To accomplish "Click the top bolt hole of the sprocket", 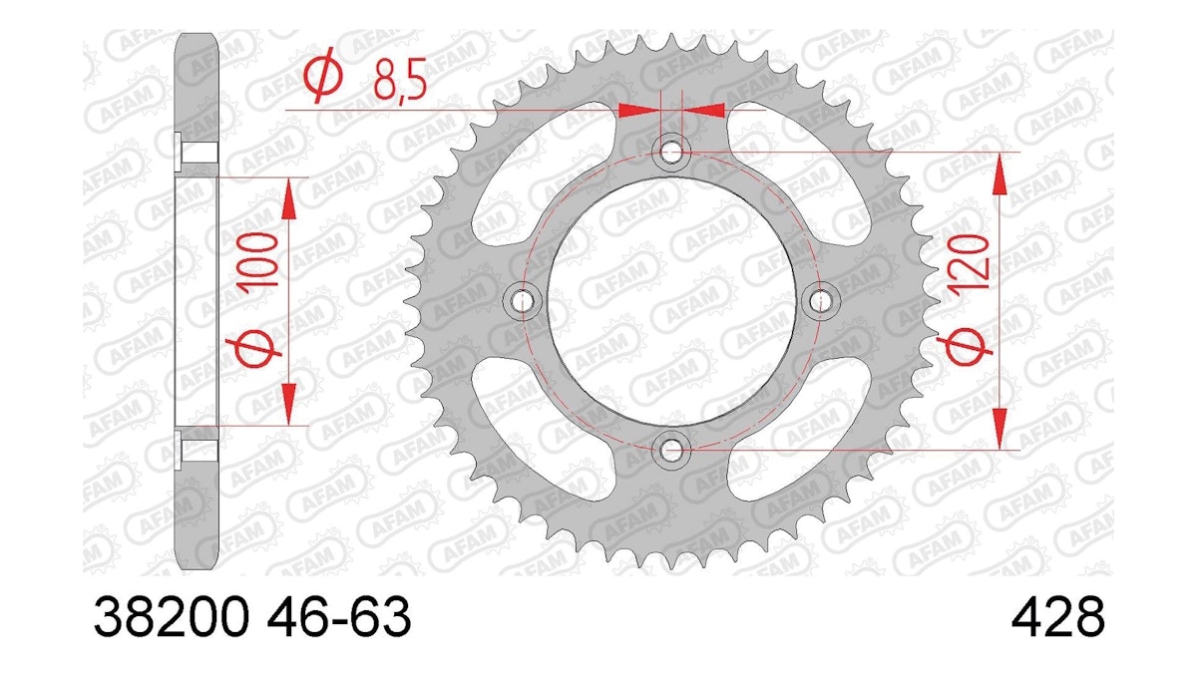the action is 671,153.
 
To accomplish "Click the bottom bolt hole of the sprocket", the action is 671,450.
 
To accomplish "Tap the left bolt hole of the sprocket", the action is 522,301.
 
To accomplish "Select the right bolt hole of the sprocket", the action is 820,301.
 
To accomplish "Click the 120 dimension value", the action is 968,263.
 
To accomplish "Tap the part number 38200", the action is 172,617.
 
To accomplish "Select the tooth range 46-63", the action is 339,617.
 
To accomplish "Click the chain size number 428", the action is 1058,617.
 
